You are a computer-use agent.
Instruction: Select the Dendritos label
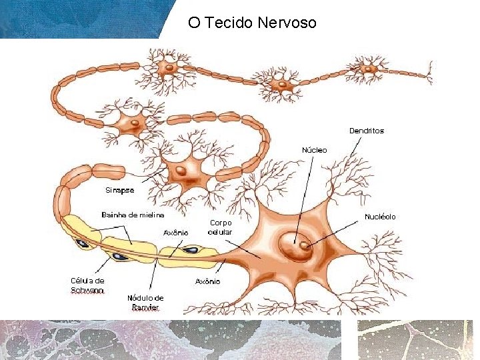pos(367,131)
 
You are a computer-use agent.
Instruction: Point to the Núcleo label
pos(315,150)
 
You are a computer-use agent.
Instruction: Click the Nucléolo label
pos(380,217)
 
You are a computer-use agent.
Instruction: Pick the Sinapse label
pos(120,190)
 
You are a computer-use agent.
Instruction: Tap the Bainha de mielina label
pos(133,215)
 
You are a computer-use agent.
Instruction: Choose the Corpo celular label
pos(220,227)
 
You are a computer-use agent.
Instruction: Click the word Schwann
pos(87,291)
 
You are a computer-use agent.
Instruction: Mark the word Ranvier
pos(145,307)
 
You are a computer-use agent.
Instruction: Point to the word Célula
pos(84,281)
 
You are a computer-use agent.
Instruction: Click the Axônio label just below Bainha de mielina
pos(176,233)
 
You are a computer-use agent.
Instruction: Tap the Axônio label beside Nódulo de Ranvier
pos(208,281)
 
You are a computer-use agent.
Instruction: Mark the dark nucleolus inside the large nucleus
pos(304,245)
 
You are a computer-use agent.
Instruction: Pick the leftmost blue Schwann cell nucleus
pos(83,243)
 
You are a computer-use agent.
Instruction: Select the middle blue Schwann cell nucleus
pos(120,257)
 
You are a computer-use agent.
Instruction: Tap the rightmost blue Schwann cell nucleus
pos(191,251)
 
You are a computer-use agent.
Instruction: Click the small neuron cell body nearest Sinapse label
pos(181,171)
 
